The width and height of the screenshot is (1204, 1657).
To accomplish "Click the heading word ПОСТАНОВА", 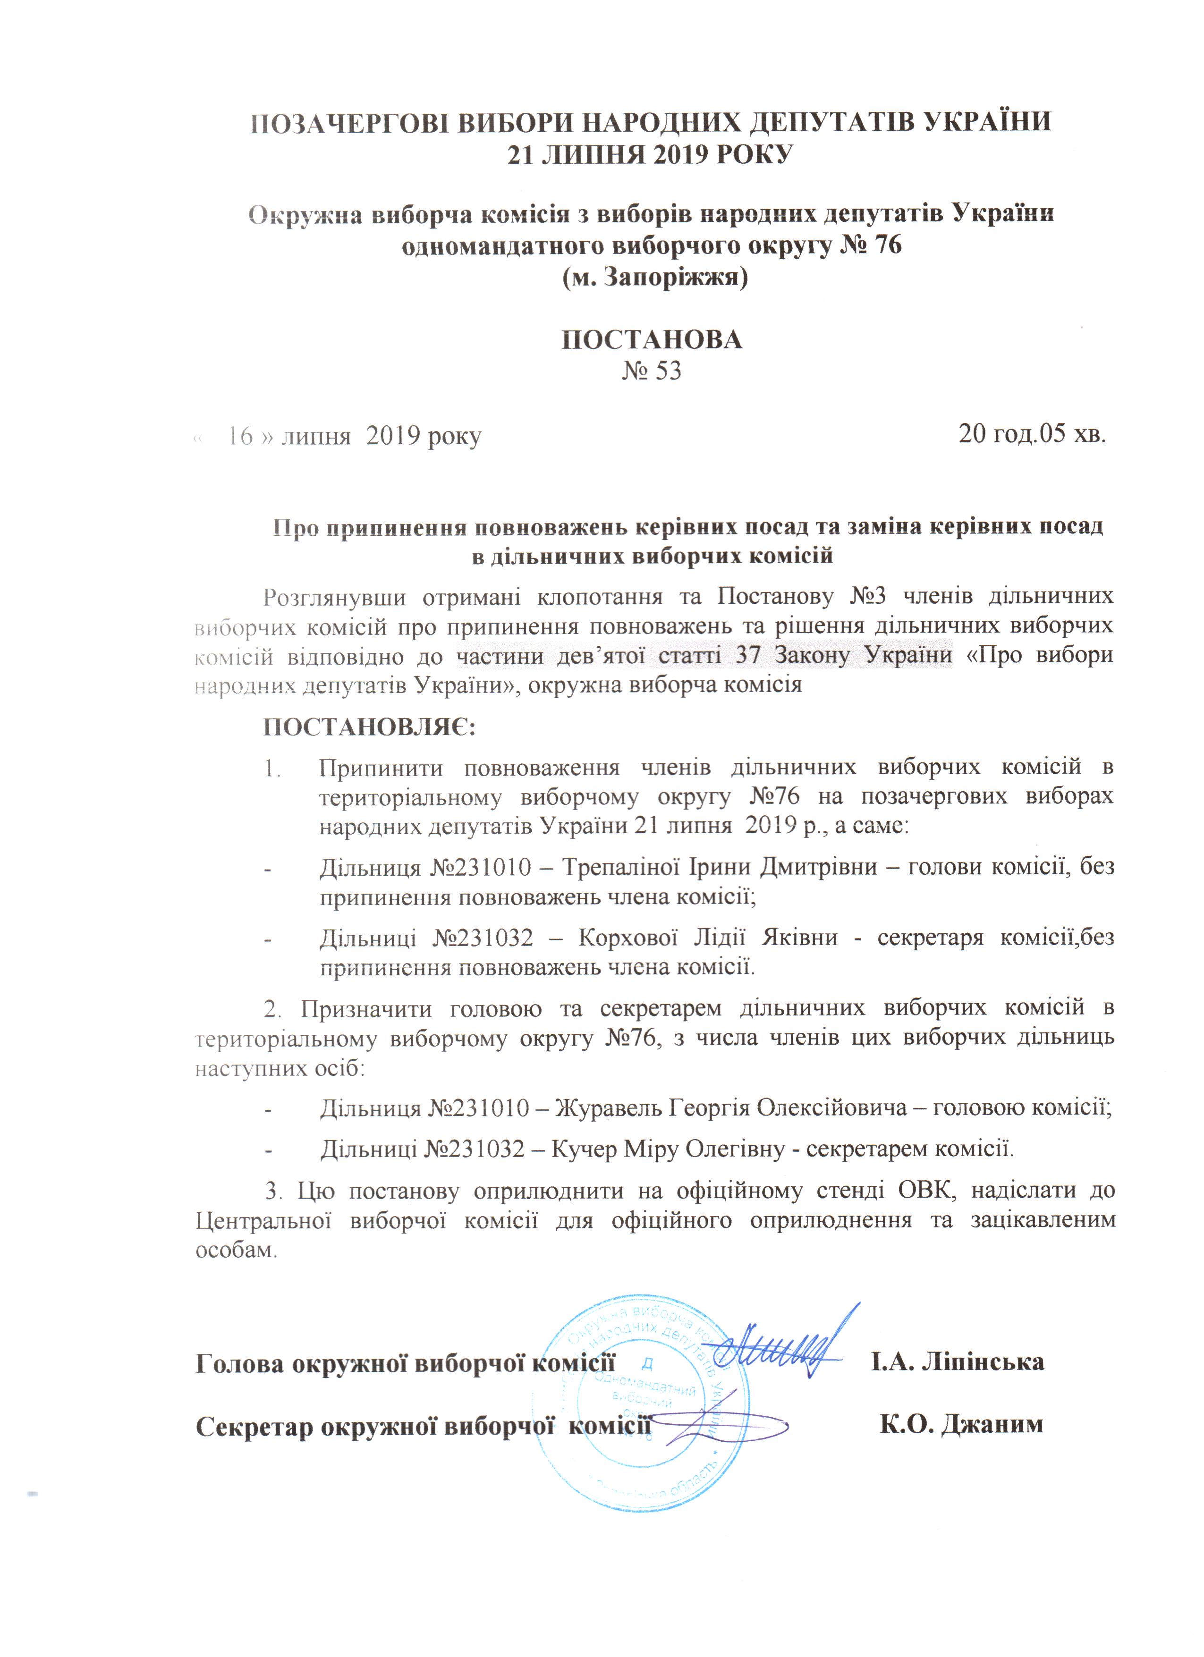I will [x=652, y=340].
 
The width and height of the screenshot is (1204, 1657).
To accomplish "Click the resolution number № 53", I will [x=651, y=371].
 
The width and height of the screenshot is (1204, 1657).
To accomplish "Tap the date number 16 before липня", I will [x=240, y=436].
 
